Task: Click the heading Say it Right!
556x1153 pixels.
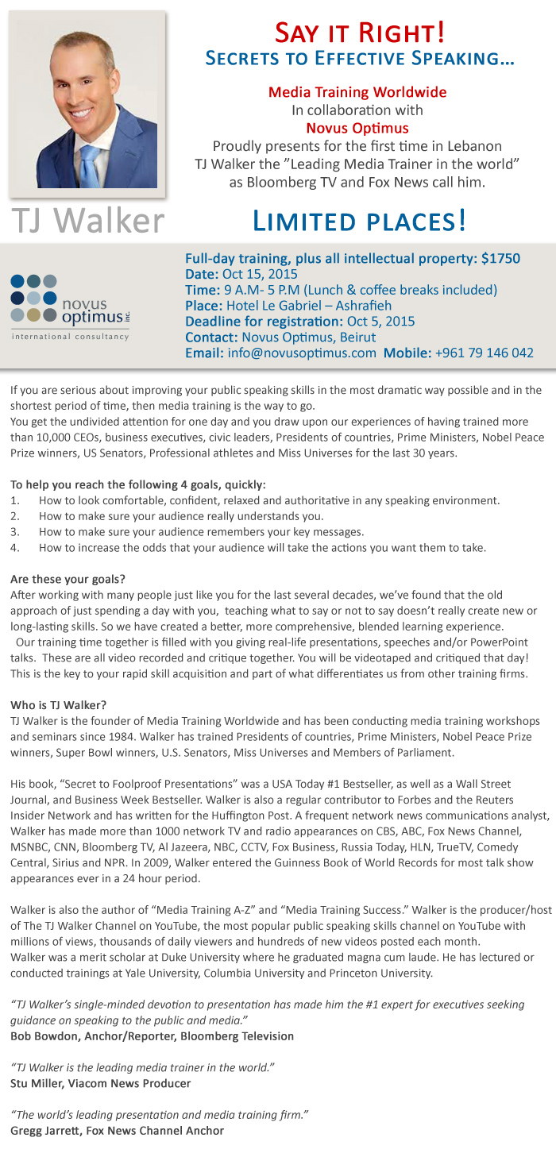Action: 359,33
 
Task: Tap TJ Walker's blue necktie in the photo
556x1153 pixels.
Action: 90,160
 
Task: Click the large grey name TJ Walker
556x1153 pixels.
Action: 87,221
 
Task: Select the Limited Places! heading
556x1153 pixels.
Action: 359,220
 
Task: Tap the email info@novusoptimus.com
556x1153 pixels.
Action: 300,353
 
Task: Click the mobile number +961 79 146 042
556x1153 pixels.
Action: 484,353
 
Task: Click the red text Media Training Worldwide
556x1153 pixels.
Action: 357,92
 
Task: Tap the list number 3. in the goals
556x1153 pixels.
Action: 15,532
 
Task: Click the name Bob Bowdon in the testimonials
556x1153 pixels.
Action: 46,1036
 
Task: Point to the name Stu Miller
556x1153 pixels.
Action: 39,1083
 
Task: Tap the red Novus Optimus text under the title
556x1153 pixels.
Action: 357,128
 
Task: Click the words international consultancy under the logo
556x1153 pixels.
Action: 70,337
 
